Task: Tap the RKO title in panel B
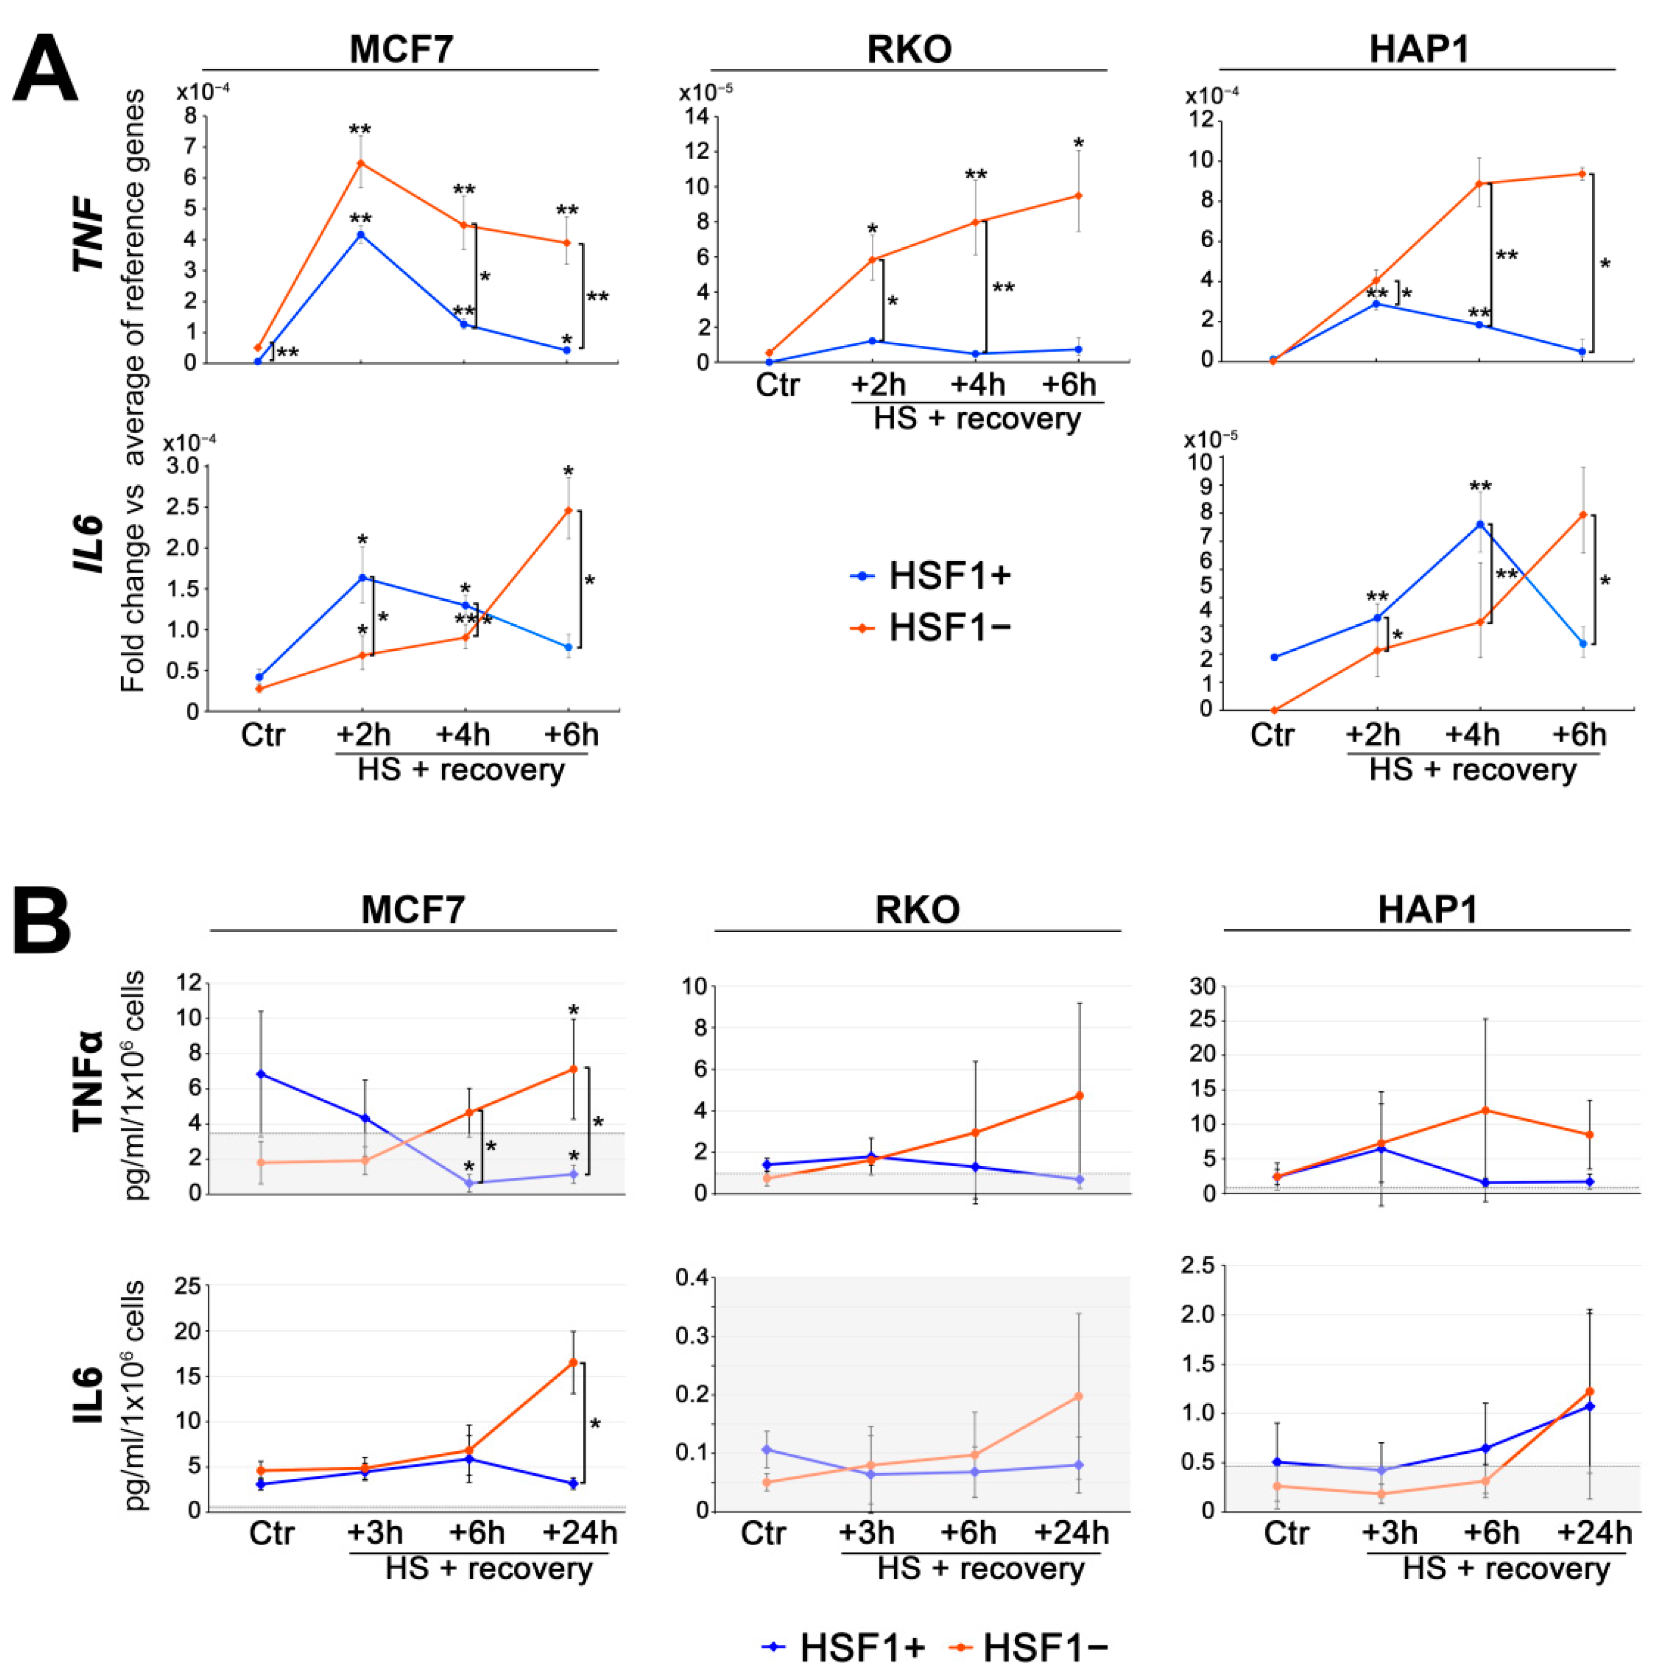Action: pos(917,910)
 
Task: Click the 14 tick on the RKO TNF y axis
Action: pos(697,117)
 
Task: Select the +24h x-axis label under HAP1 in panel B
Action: pos(1594,1533)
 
